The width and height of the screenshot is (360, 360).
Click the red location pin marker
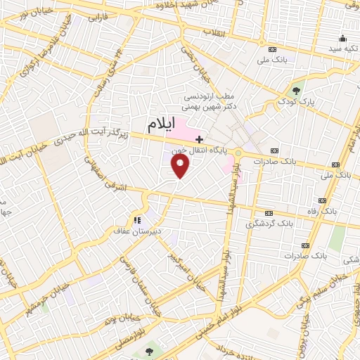(181, 167)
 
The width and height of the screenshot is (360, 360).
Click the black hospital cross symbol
(200, 139)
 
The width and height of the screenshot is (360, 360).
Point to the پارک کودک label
(297, 101)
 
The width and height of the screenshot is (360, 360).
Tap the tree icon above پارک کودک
(297, 90)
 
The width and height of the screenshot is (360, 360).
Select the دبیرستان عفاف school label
(139, 230)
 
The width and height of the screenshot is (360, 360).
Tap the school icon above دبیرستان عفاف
(139, 219)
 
